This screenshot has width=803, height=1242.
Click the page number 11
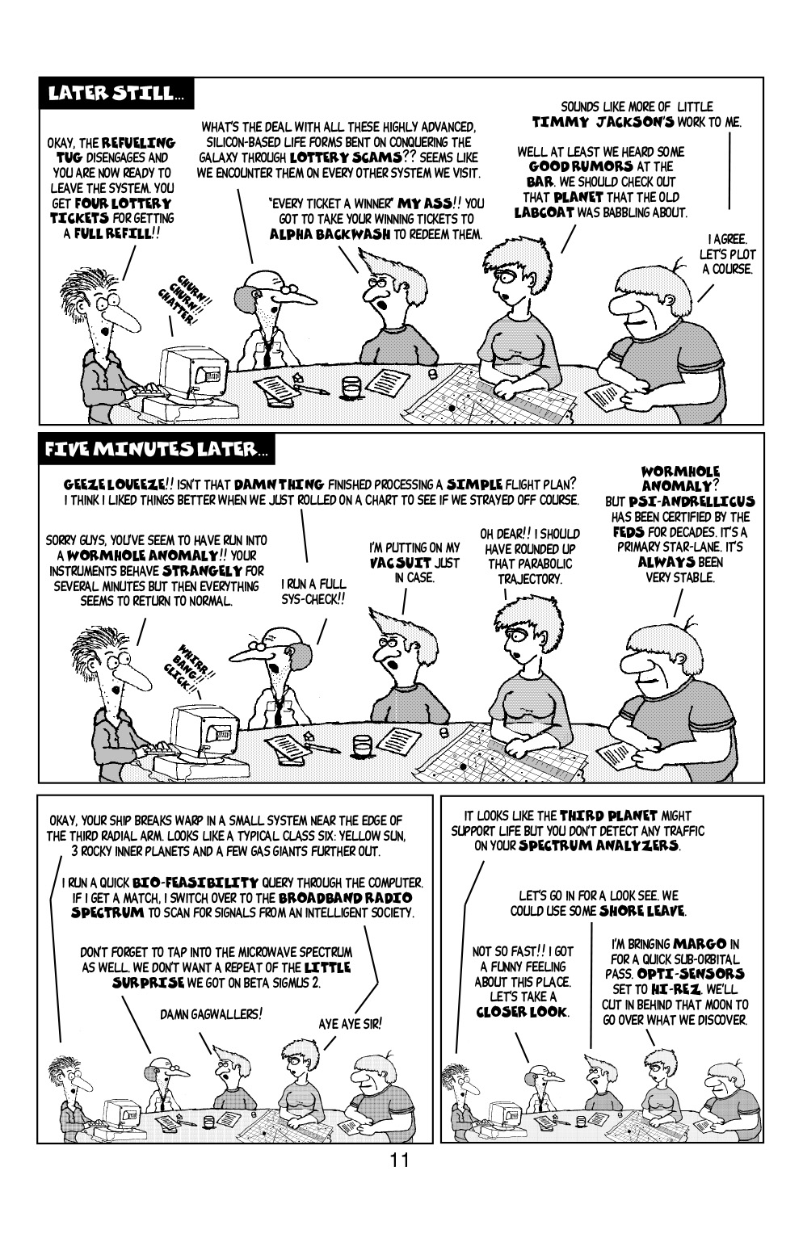pos(399,1161)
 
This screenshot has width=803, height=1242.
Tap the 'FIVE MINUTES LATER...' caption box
pos(158,449)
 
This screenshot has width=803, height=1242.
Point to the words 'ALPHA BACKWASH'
pos(320,234)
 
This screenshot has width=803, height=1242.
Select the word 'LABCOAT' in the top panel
pos(544,212)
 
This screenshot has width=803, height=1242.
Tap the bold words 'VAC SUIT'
pos(414,563)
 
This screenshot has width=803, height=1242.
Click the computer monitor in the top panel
pos(191,373)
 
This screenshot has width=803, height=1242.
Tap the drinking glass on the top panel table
pos(351,387)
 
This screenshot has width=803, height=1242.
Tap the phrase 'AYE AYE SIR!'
pos(350,1023)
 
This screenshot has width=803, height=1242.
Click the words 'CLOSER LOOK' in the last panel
pos(522,1012)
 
